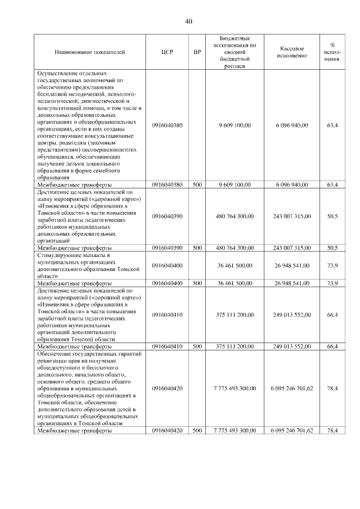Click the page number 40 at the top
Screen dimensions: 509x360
coord(188,21)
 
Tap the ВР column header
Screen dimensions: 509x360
coord(197,52)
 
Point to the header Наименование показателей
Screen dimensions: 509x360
coord(89,52)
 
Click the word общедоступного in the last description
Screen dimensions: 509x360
coord(64,367)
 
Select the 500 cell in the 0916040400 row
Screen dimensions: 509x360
coord(197,283)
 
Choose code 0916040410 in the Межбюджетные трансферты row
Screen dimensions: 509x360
coord(167,346)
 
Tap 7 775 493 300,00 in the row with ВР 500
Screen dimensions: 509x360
coord(235,430)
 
